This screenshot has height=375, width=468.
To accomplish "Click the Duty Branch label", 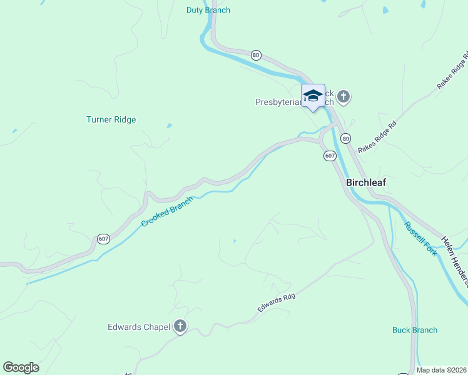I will [208, 10].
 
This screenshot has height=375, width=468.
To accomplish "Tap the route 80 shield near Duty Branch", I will [256, 55].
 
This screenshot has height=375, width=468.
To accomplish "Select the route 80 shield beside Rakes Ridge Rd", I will [346, 138].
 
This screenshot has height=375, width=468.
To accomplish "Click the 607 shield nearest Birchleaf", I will [330, 155].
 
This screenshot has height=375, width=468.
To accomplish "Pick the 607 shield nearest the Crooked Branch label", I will [103, 239].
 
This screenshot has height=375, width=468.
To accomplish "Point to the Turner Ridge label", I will [111, 119].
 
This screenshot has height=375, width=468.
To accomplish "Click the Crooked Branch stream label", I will [167, 212].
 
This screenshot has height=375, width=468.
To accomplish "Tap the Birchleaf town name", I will [366, 182].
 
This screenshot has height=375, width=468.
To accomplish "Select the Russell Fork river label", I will [420, 239].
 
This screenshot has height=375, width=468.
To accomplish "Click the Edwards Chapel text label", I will [138, 326].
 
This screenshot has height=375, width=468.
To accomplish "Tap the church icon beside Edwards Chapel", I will [180, 326].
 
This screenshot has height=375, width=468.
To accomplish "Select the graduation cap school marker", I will [313, 96].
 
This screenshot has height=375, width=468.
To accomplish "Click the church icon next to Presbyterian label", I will [343, 96].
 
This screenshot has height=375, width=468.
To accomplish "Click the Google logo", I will [21, 367].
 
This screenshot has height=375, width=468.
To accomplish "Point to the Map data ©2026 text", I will [442, 370].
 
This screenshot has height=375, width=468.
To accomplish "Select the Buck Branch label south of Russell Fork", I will [415, 330].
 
